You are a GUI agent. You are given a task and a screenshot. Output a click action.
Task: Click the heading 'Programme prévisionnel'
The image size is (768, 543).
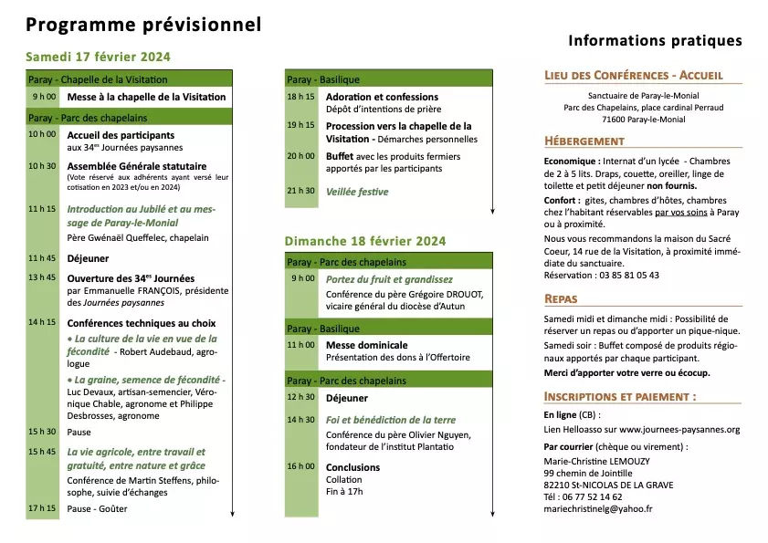pyautogui.click(x=142, y=25)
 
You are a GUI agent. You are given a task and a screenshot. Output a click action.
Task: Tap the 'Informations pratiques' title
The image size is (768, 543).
pyautogui.click(x=655, y=41)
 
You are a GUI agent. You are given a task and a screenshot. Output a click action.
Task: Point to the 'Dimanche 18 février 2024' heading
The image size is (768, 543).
pyautogui.click(x=365, y=241)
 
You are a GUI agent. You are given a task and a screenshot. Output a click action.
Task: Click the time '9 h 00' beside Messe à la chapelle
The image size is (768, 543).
pyautogui.click(x=44, y=97)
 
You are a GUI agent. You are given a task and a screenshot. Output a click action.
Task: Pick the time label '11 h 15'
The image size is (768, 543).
pyautogui.click(x=43, y=209)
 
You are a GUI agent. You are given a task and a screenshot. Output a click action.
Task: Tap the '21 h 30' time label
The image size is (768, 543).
pyautogui.click(x=301, y=192)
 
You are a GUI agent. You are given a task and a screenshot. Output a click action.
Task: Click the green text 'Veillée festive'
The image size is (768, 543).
pyautogui.click(x=357, y=192)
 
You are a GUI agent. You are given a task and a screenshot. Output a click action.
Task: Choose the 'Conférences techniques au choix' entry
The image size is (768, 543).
pyautogui.click(x=142, y=322)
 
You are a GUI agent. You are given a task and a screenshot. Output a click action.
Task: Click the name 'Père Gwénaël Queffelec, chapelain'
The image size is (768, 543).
pyautogui.click(x=138, y=237)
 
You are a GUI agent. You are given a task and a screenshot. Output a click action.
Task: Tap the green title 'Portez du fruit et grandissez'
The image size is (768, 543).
pyautogui.click(x=389, y=279)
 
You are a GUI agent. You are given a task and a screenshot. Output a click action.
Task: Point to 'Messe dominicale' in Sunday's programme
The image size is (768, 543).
pyautogui.click(x=366, y=345)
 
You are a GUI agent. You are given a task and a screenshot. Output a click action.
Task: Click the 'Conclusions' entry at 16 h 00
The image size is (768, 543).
pyautogui.click(x=352, y=467)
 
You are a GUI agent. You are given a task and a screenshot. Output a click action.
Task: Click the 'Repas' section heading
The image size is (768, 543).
pyautogui.click(x=561, y=298)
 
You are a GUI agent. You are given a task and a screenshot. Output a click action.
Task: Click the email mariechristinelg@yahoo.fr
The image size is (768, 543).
pyautogui.click(x=597, y=508)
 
